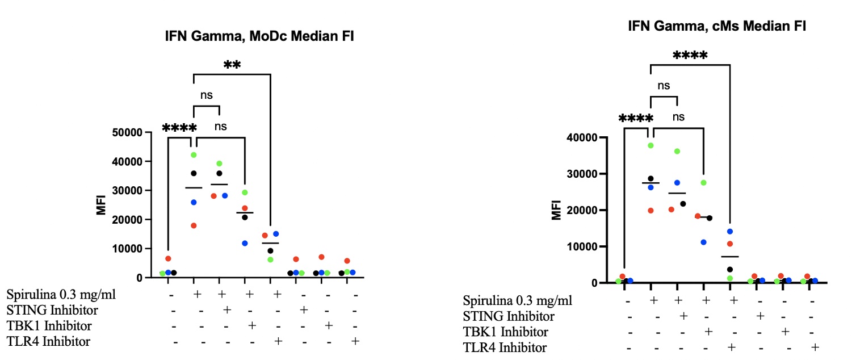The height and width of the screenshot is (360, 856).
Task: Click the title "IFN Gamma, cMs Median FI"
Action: coord(717,26)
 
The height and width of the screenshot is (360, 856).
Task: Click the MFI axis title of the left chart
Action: coord(102,206)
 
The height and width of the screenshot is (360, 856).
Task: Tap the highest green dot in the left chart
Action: coord(194,154)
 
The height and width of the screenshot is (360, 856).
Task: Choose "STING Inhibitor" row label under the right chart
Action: coord(509,316)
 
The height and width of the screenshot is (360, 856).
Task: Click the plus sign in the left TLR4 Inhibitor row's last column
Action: coord(355,341)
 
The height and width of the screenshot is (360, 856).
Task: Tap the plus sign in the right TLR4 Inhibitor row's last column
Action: coord(815,347)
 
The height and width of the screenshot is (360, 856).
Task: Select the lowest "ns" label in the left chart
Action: coord(220,126)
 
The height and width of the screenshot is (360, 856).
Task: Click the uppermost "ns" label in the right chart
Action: coord(664,86)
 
